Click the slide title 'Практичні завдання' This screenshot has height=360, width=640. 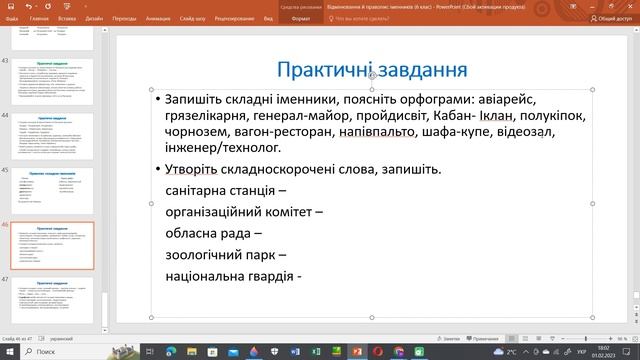pyautogui.click(x=372, y=71)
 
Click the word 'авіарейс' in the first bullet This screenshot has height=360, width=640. pyautogui.click(x=552, y=101)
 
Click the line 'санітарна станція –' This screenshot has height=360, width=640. pyautogui.click(x=226, y=190)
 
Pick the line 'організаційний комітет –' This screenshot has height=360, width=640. pyautogui.click(x=244, y=212)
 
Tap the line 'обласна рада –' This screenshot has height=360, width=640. pyautogui.click(x=213, y=233)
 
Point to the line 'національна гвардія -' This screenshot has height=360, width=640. pyautogui.click(x=234, y=276)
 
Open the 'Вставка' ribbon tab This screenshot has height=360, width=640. pyautogui.click(x=67, y=18)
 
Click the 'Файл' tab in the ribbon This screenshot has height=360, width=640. pyautogui.click(x=12, y=18)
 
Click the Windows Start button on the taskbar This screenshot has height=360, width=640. pyautogui.click(x=8, y=352)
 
